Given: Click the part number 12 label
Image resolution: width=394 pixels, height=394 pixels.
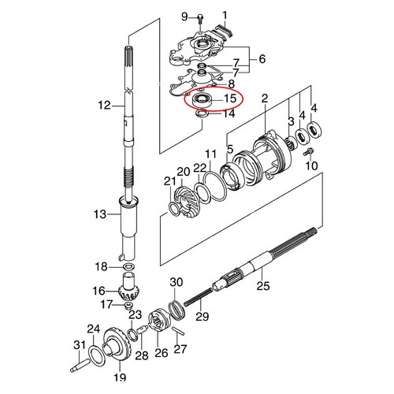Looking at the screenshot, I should tap(103, 104).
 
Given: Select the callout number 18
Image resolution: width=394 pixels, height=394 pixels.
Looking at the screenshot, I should tap(101, 266).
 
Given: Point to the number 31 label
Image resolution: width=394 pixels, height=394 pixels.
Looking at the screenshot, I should tap(78, 344).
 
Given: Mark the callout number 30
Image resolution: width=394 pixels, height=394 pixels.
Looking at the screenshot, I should tap(177, 282).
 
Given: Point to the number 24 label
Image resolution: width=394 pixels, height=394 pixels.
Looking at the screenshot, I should tap(92, 329).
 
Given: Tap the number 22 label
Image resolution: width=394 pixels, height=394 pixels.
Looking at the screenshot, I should tap(199, 167).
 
